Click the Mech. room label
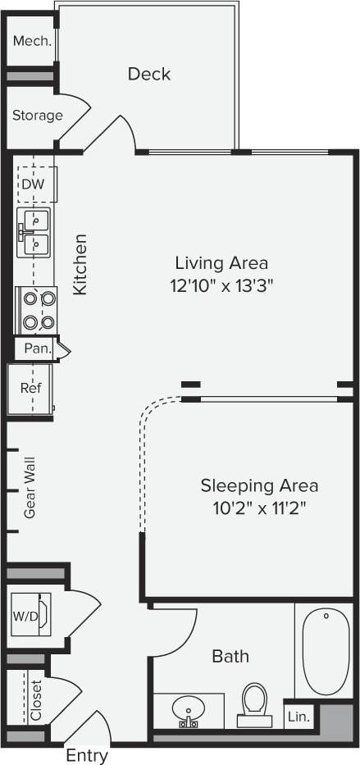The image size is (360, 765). [31, 40]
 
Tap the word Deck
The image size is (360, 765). [149, 74]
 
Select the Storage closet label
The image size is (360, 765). [37, 116]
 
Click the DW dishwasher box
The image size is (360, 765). [34, 184]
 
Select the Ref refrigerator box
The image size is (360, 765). [30, 388]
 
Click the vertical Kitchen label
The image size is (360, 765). [80, 265]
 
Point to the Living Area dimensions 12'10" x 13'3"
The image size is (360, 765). [221, 285]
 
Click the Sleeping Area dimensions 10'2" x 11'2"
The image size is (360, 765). [259, 508]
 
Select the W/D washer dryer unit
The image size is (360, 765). [30, 614]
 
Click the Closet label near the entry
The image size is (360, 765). [36, 699]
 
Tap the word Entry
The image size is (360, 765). [86, 755]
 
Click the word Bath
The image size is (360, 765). [230, 656]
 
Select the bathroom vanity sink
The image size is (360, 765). [189, 710]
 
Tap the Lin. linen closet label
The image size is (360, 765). [298, 716]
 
